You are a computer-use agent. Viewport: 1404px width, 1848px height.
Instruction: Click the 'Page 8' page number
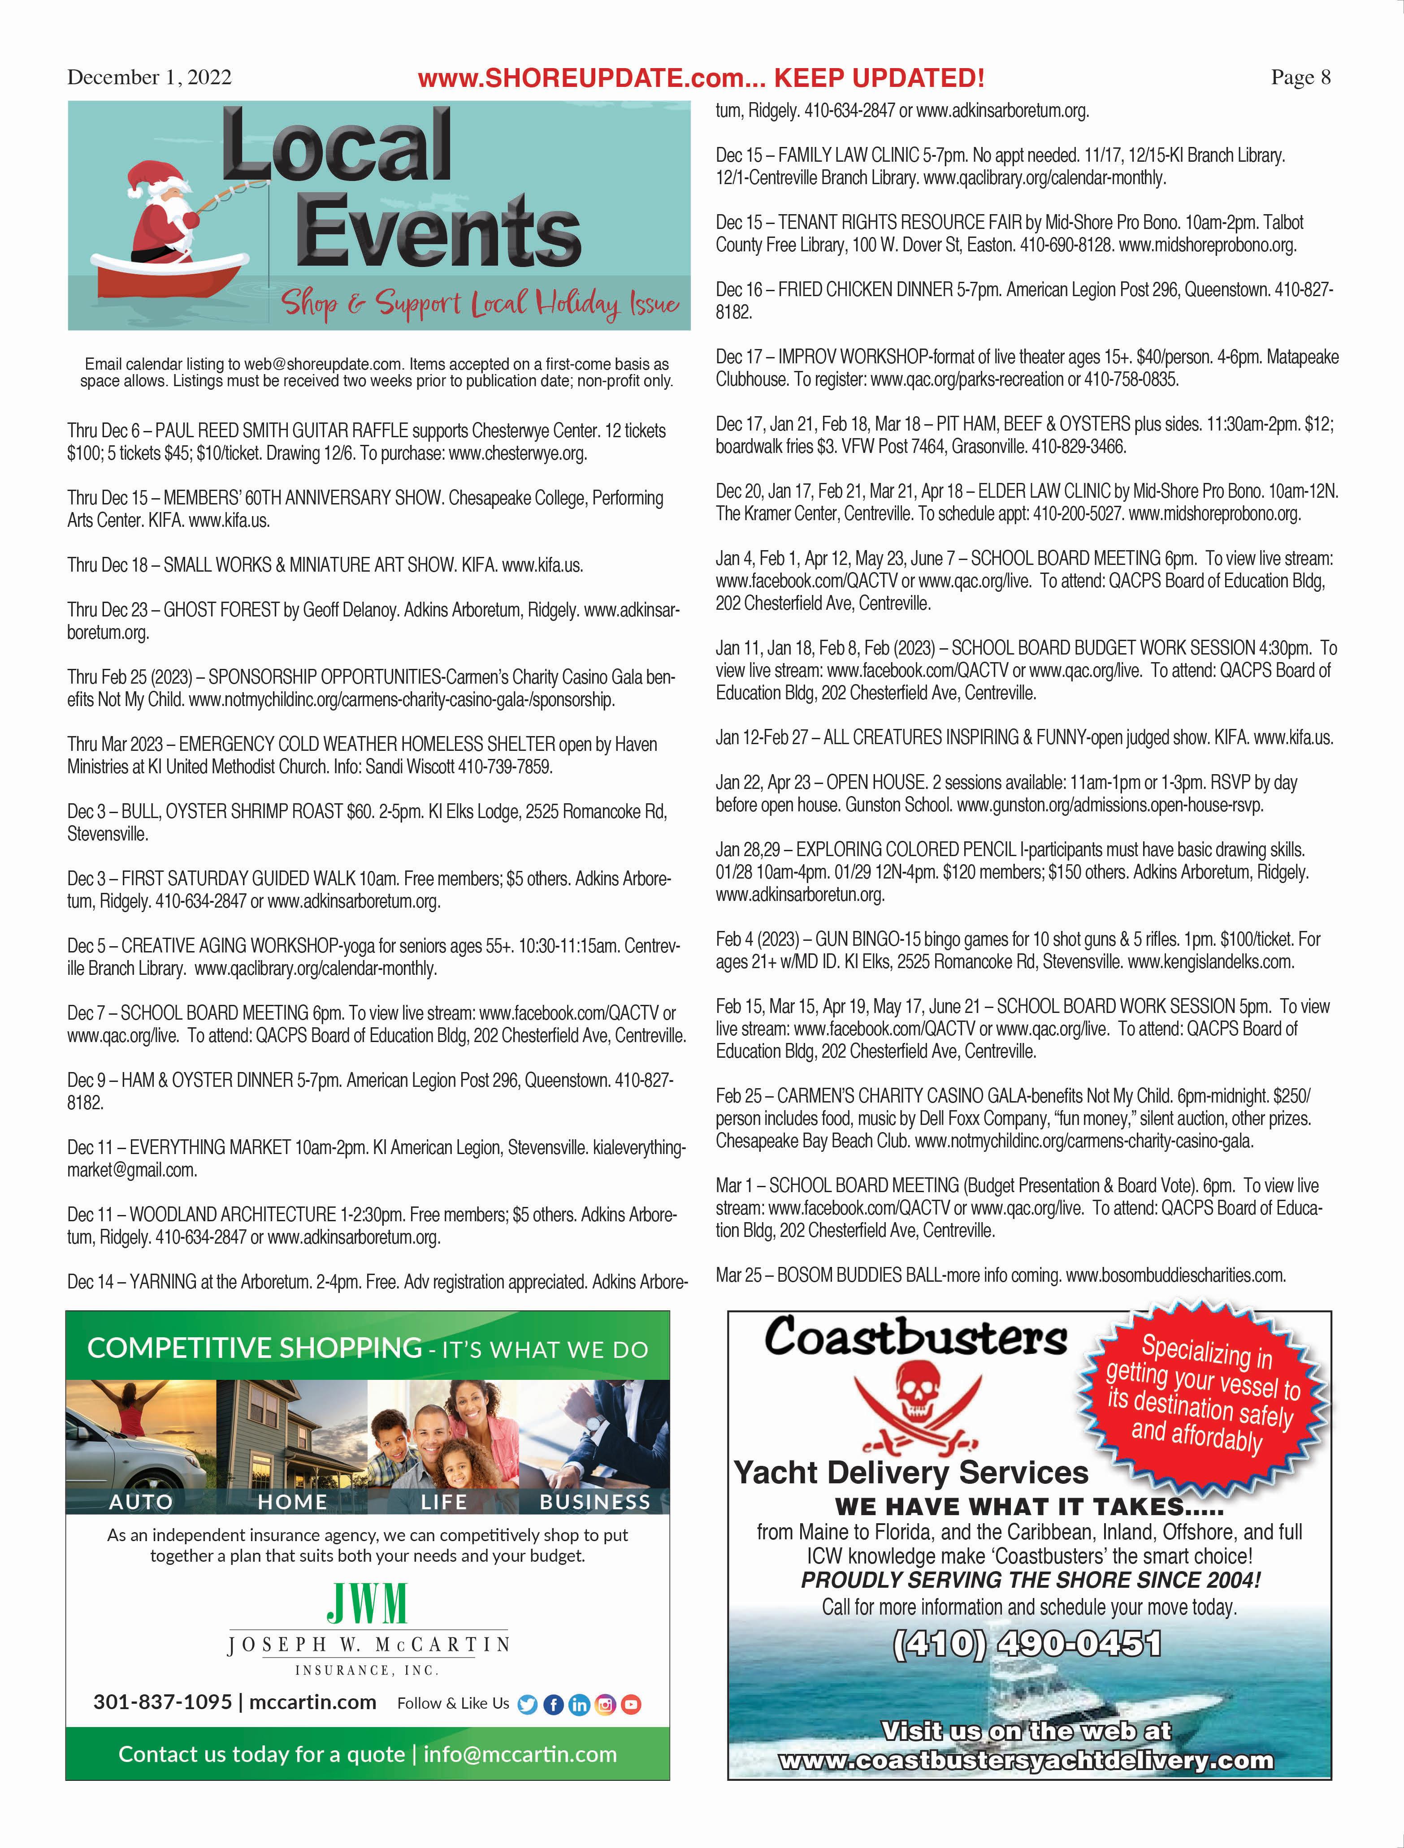[1300, 78]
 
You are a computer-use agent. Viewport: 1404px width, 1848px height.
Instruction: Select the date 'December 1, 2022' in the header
[149, 78]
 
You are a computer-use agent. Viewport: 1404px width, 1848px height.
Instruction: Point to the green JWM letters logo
[367, 1602]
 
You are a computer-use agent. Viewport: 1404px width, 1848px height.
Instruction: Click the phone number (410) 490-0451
[1027, 1642]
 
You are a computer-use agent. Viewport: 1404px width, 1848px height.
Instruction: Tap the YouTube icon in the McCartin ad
[632, 1704]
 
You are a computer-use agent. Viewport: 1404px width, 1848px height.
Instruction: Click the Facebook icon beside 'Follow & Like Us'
[553, 1704]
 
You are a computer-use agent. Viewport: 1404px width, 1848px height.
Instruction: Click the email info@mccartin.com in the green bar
[520, 1753]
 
